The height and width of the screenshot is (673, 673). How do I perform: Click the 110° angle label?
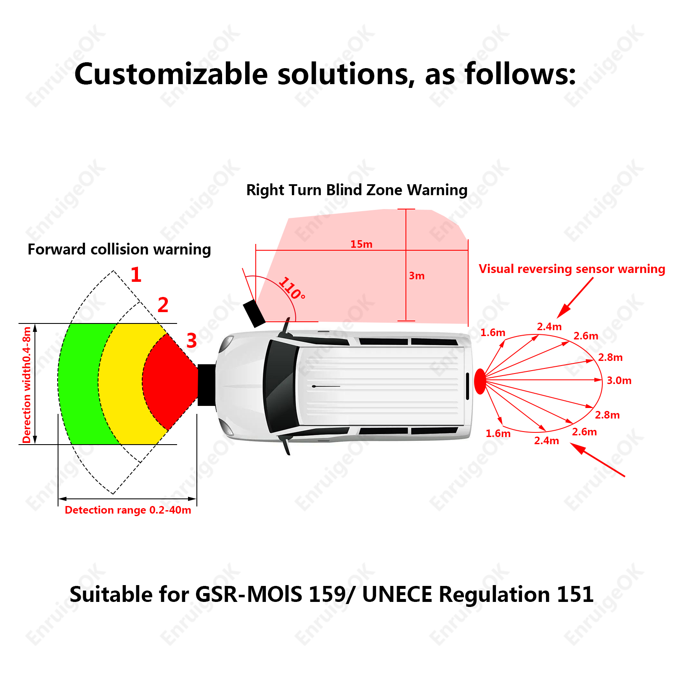click(292, 288)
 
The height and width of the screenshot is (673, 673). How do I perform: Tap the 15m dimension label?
click(361, 244)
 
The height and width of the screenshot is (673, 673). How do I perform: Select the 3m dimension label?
click(417, 276)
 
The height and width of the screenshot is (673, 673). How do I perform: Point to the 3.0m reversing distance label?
click(619, 380)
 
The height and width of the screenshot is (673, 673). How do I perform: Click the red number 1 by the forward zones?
click(136, 275)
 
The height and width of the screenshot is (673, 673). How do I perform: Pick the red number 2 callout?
click(163, 305)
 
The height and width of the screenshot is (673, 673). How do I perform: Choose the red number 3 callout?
click(191, 340)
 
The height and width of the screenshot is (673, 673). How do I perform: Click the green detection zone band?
click(80, 383)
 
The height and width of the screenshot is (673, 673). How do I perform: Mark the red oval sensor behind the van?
click(480, 381)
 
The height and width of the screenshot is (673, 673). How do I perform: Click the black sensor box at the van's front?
click(207, 385)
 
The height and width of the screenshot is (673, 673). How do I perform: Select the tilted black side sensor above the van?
click(254, 313)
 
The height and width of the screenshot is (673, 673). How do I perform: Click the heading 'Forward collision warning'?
click(119, 249)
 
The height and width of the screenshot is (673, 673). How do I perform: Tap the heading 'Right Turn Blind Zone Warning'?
click(357, 190)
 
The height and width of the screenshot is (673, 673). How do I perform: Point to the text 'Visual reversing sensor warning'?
click(572, 269)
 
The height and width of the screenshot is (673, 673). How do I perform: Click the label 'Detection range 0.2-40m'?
click(128, 510)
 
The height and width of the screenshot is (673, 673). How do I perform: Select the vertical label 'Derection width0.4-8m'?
click(27, 384)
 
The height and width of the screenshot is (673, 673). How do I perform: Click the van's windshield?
click(280, 386)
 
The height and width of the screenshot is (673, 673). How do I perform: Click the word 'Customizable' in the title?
click(171, 74)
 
